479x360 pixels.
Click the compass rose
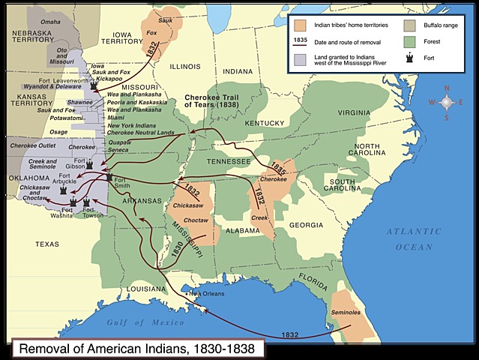(x=446, y=103)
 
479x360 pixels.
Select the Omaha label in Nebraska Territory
(x=50, y=22)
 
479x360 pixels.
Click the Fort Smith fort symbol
(x=109, y=177)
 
